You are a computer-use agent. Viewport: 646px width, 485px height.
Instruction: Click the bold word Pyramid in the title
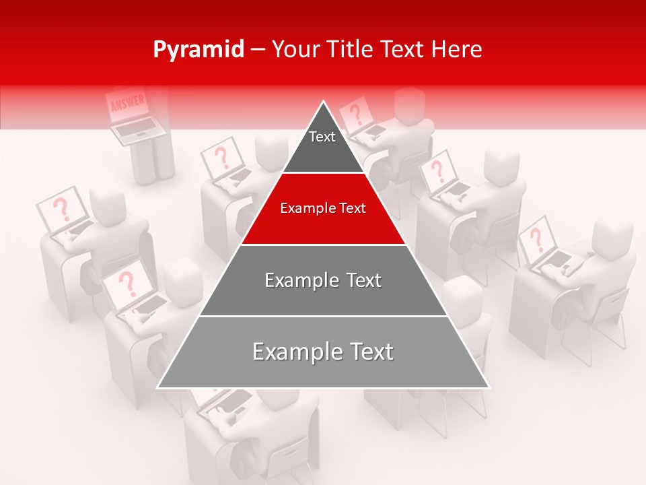tap(198, 50)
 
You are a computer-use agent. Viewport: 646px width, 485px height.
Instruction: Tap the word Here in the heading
tap(457, 50)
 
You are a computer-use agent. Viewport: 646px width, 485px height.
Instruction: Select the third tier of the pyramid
tap(323, 280)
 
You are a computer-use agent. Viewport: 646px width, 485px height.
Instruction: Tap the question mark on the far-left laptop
tap(62, 209)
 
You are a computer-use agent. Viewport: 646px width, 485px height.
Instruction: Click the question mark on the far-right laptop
tap(536, 238)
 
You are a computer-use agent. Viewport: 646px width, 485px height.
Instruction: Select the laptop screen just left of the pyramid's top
tap(221, 160)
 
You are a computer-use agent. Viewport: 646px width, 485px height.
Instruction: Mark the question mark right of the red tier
tap(437, 170)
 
